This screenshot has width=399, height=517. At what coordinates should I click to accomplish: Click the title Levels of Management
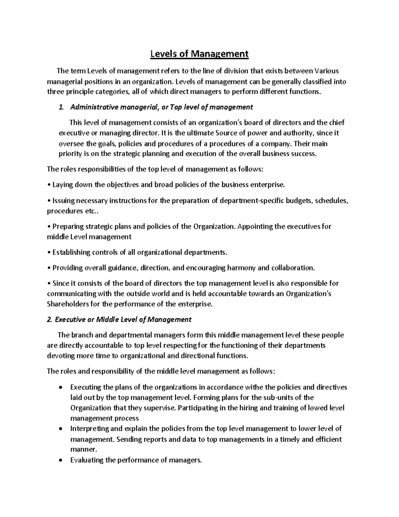point(199,54)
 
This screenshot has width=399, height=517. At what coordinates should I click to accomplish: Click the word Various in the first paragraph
point(327,71)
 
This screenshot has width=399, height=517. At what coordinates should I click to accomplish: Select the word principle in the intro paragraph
point(76,92)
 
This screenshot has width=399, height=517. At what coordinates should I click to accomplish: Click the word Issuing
point(64,200)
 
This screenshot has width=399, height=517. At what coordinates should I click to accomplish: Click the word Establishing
point(72,252)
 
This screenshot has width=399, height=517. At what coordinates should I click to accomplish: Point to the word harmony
point(241,268)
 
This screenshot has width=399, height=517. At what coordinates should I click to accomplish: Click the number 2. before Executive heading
point(50,320)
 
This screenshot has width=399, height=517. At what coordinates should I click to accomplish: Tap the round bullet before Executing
point(60,388)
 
